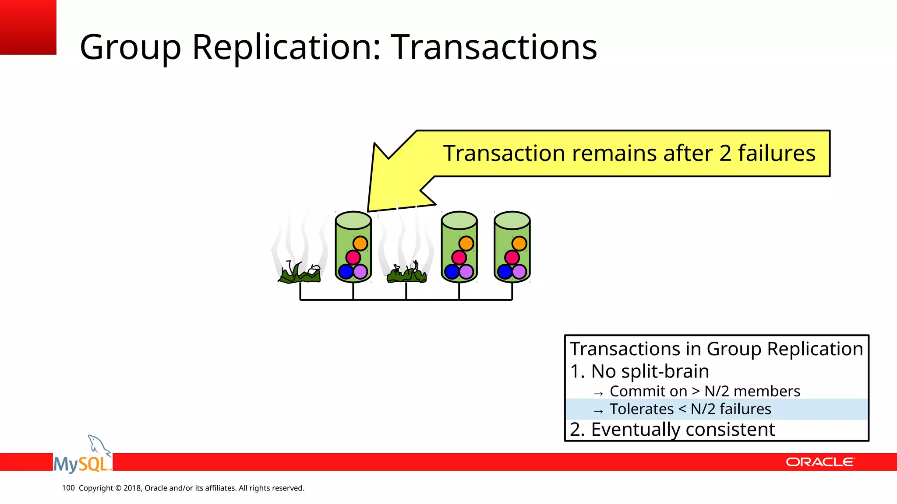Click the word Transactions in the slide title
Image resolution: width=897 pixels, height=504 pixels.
(494, 47)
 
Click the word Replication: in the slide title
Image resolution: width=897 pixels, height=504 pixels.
(286, 47)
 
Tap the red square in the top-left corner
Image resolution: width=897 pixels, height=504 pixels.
(28, 27)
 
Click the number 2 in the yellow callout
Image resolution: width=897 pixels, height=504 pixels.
(725, 154)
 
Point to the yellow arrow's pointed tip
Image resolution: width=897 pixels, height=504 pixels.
(369, 210)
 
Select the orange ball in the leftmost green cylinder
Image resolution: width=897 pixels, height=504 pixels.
(360, 243)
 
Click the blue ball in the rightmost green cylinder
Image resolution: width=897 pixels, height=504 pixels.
(505, 272)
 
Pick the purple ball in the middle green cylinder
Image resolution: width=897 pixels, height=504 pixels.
(466, 272)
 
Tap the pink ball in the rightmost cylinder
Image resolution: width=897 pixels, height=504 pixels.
(512, 257)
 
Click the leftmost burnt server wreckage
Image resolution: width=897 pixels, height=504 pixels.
(300, 274)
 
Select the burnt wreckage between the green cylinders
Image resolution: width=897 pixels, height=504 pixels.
(406, 274)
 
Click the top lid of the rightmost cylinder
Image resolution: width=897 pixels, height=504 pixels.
(512, 220)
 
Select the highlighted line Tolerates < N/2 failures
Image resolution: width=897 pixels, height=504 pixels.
(690, 409)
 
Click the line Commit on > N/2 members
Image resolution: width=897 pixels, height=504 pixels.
(704, 391)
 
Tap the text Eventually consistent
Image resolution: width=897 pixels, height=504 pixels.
(682, 430)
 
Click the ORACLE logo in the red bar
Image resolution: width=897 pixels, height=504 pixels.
(819, 462)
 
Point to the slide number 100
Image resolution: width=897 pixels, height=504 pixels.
(68, 488)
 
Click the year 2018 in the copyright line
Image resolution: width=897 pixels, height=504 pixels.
(132, 488)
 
